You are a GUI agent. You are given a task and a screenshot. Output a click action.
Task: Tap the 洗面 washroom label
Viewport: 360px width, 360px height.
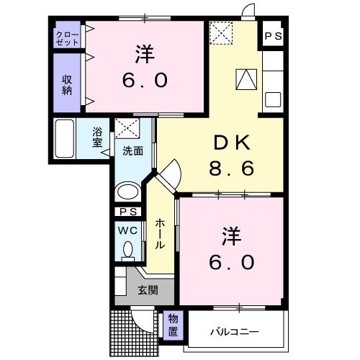pyautogui.click(x=132, y=151)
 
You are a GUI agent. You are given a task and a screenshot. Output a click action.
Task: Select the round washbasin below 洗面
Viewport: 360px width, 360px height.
pyautogui.click(x=127, y=192)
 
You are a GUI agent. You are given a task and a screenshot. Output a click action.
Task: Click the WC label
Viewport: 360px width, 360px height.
pyautogui.click(x=127, y=230)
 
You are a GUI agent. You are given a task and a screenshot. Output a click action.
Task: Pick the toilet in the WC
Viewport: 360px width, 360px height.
pyautogui.click(x=127, y=250)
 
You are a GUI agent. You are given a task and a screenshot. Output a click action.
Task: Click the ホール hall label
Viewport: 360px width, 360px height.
pyautogui.click(x=160, y=234)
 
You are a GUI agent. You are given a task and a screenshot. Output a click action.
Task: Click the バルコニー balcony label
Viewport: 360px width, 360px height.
pyautogui.click(x=234, y=331)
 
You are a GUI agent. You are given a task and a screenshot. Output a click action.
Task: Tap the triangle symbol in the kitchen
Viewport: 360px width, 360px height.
pyautogui.click(x=246, y=78)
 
